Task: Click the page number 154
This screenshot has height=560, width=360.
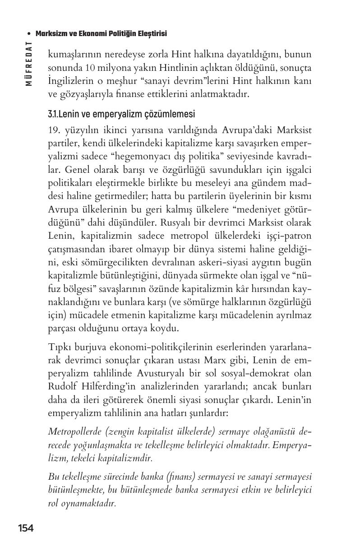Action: (26, 528)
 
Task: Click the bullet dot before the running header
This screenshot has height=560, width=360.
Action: (29, 34)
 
